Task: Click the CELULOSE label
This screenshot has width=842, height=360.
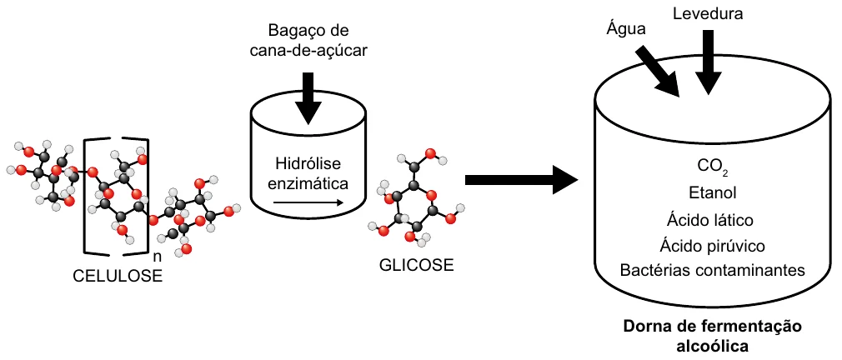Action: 118,276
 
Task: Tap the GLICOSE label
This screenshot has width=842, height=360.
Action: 416,264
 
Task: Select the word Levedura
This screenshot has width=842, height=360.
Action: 709,14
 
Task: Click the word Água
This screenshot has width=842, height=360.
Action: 626,29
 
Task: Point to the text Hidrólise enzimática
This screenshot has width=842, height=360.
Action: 308,172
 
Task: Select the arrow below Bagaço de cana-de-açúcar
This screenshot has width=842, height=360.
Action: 308,97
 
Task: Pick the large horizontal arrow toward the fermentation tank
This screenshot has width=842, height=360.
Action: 521,180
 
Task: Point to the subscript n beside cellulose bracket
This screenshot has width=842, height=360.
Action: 157,257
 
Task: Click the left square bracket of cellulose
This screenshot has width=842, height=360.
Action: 85,195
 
